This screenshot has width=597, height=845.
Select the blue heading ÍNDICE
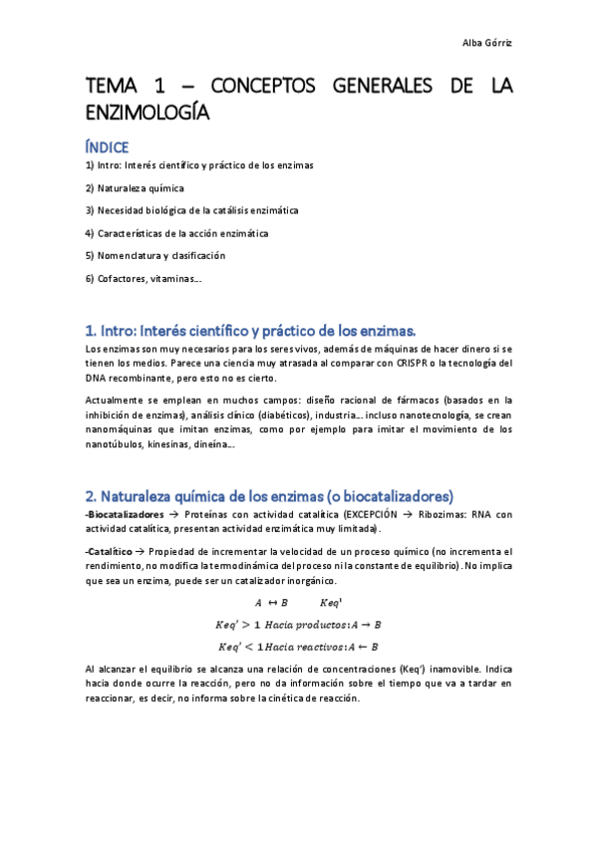pos(107,146)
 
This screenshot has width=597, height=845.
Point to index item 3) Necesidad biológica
pos(191,210)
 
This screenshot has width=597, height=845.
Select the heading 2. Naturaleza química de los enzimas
pos(269,495)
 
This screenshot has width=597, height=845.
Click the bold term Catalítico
pos(111,552)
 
